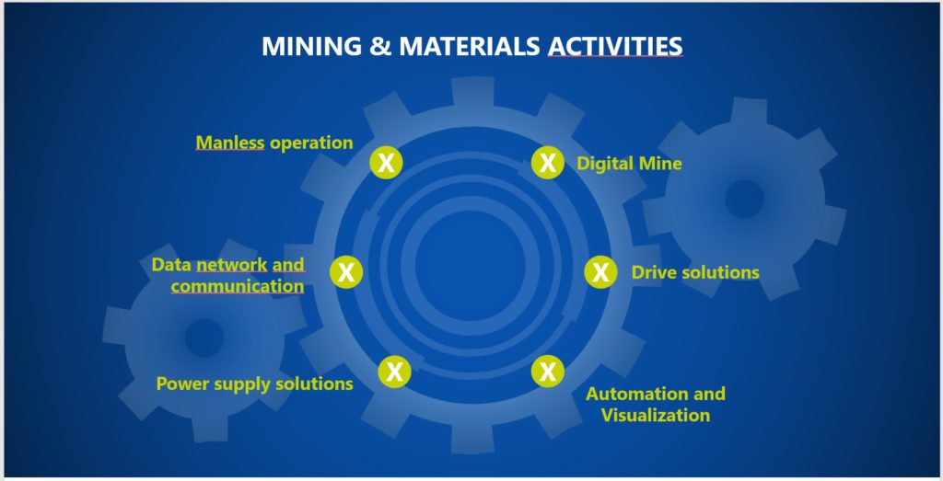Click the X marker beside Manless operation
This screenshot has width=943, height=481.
tap(386, 162)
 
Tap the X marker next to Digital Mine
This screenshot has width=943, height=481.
tap(548, 162)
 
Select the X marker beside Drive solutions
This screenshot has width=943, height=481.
tap(600, 272)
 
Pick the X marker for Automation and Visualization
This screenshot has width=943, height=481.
tap(548, 372)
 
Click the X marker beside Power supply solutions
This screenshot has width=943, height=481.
tap(394, 372)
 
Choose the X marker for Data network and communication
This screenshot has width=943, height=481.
tap(346, 272)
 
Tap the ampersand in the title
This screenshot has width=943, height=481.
tap(380, 46)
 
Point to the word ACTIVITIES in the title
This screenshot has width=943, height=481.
tap(615, 46)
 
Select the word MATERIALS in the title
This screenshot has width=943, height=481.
tap(470, 46)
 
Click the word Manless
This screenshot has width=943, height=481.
tap(230, 143)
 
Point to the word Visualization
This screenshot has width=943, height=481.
tap(656, 415)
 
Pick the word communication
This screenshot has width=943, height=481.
tap(238, 286)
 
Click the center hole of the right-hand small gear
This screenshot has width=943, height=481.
tap(744, 199)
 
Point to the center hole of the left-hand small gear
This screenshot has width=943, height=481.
tap(204, 338)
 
